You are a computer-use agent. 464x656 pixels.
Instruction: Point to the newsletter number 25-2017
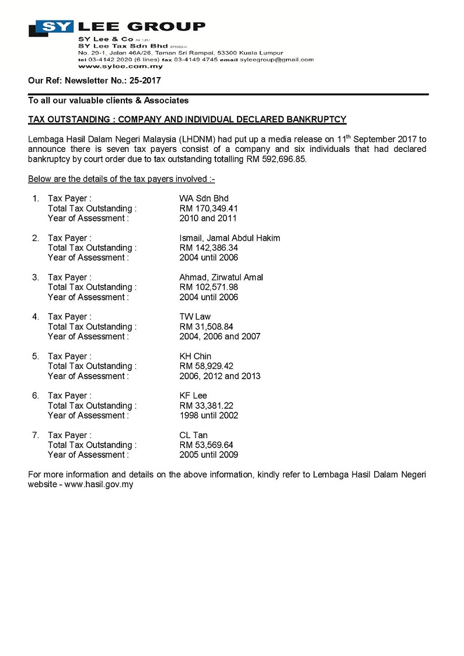pyautogui.click(x=145, y=81)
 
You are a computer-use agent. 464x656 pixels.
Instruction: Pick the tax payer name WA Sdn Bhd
pyautogui.click(x=204, y=199)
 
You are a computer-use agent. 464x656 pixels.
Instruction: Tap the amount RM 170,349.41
pyautogui.click(x=208, y=209)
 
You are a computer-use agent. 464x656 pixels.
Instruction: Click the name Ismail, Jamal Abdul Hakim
pyautogui.click(x=229, y=238)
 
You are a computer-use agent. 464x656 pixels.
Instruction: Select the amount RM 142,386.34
pyautogui.click(x=208, y=248)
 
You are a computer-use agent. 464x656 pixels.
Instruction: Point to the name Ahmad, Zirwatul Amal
pyautogui.click(x=221, y=277)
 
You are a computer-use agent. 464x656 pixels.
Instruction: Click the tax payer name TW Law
pyautogui.click(x=195, y=317)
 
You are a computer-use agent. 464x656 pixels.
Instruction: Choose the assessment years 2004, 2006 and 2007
pyautogui.click(x=220, y=336)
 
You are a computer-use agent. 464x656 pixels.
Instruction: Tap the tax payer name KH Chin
pyautogui.click(x=196, y=356)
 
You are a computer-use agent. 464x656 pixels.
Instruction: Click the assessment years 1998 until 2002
pyautogui.click(x=208, y=415)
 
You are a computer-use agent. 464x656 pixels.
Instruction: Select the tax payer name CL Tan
pyautogui.click(x=193, y=435)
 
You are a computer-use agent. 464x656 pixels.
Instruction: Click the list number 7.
pyautogui.click(x=35, y=435)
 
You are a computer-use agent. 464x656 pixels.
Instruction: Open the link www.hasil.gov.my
pyautogui.click(x=100, y=484)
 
